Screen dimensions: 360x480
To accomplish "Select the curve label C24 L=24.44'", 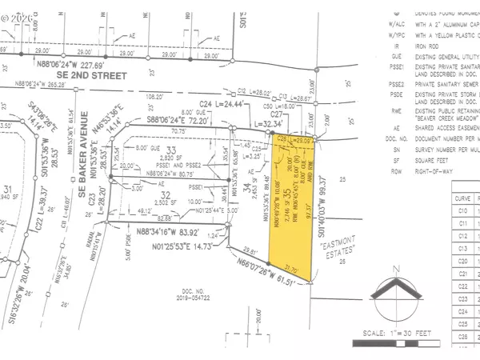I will pos(215,104).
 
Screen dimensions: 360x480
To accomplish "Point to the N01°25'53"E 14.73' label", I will pos(184,246).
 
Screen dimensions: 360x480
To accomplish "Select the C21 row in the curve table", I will pos(462,274).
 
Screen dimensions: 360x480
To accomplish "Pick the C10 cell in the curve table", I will pos(462,210).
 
